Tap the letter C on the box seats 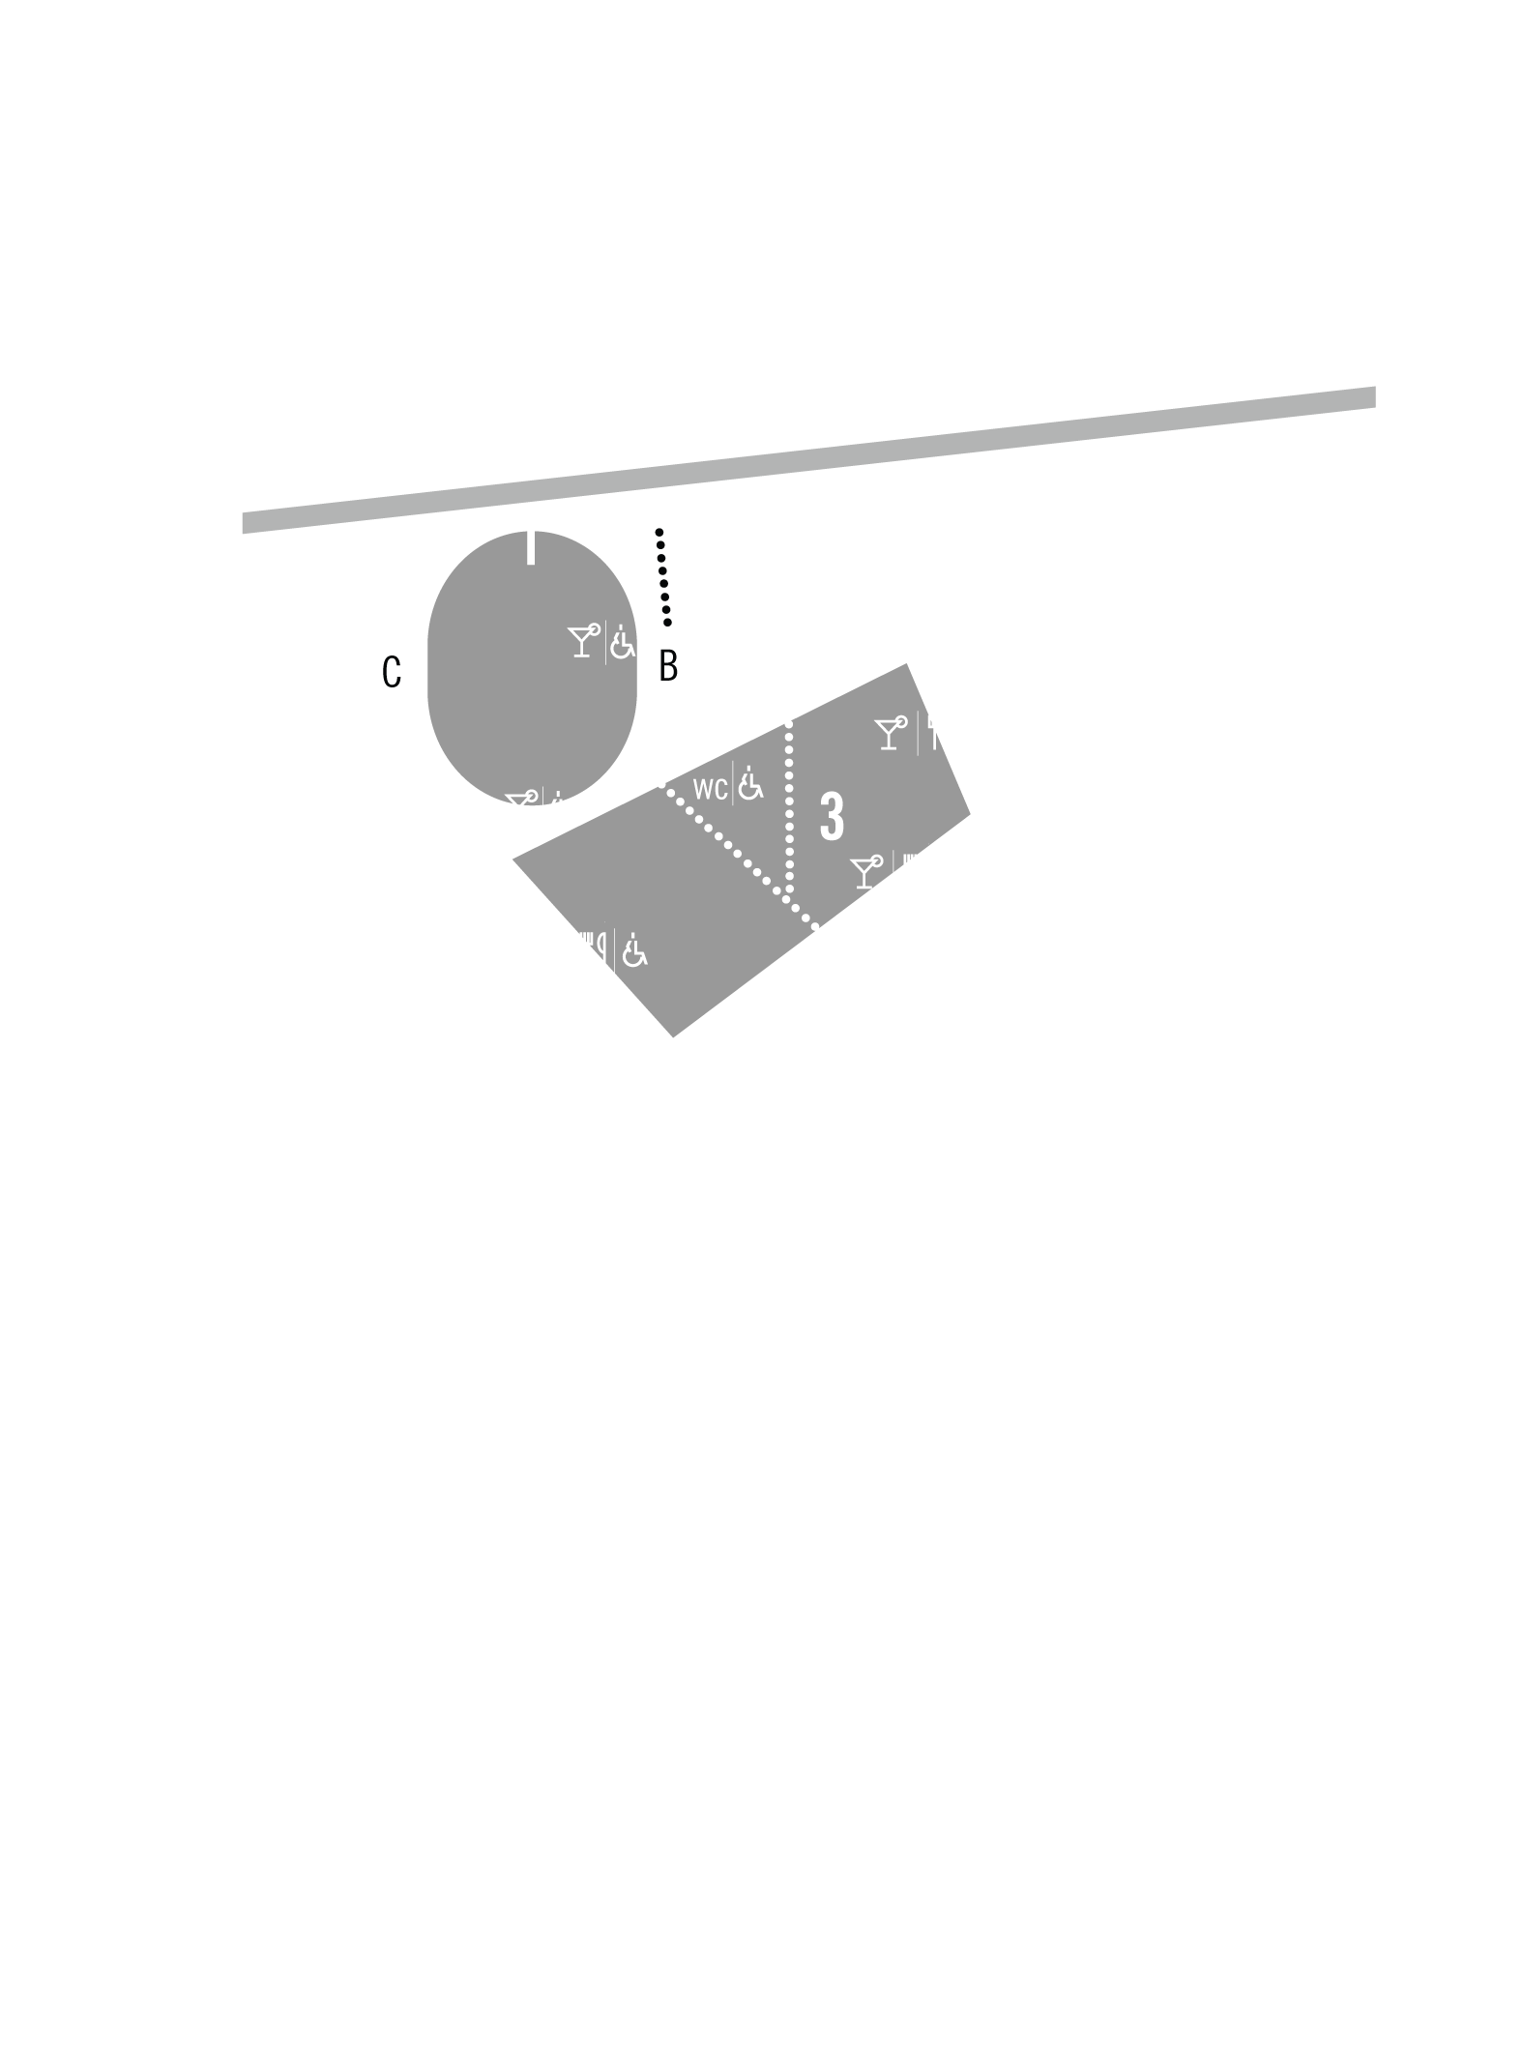pyautogui.click(x=392, y=672)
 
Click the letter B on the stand pyautogui.click(x=669, y=666)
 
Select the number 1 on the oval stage pyautogui.click(x=529, y=541)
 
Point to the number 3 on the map pyautogui.click(x=832, y=816)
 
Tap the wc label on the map pyautogui.click(x=711, y=789)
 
